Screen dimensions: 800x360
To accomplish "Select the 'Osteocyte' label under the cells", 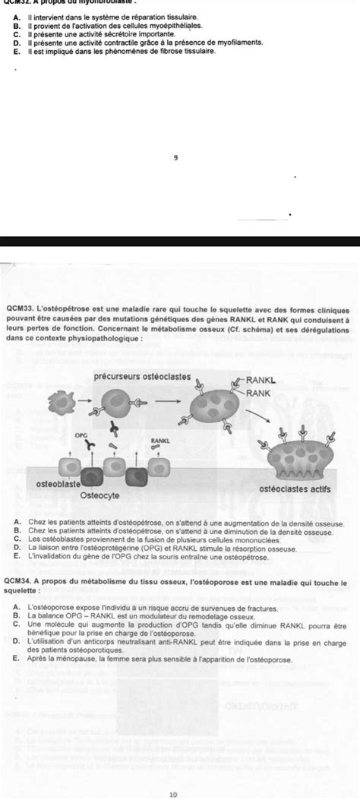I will point(99,495).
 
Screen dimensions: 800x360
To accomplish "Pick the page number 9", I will point(175,158).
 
